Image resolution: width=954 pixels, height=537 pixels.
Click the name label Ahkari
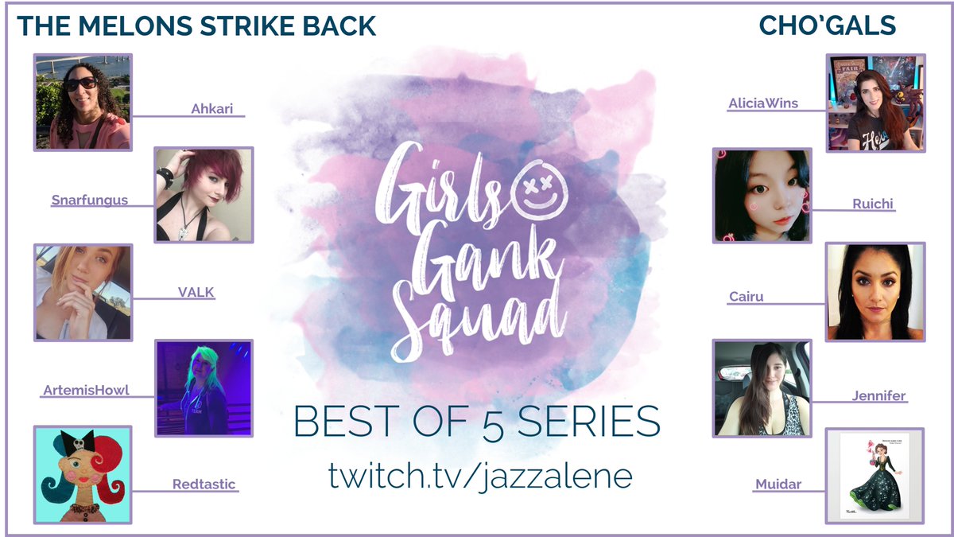(x=211, y=109)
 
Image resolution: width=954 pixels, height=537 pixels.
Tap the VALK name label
(x=196, y=292)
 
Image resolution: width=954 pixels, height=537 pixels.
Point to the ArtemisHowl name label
(x=86, y=390)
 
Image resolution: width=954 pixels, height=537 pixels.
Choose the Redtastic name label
(x=204, y=484)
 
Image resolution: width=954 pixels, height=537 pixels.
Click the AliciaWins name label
(x=763, y=103)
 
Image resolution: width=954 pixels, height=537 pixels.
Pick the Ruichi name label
(x=872, y=204)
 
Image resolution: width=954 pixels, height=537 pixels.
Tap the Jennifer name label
(x=878, y=395)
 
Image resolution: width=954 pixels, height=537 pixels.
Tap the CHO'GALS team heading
(x=828, y=25)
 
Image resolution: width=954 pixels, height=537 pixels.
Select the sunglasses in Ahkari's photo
(x=81, y=84)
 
